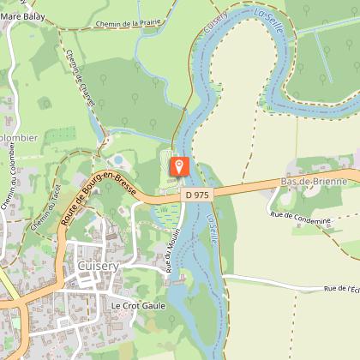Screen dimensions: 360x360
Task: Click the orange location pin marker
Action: pos(180,165)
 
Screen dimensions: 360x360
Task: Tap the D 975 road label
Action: pos(196,195)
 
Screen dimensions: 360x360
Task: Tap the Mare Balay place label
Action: pos(23,16)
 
